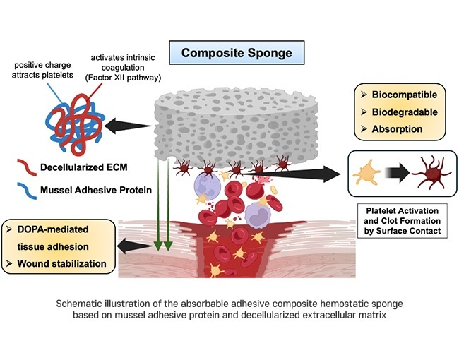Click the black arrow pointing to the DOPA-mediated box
point(134,246)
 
